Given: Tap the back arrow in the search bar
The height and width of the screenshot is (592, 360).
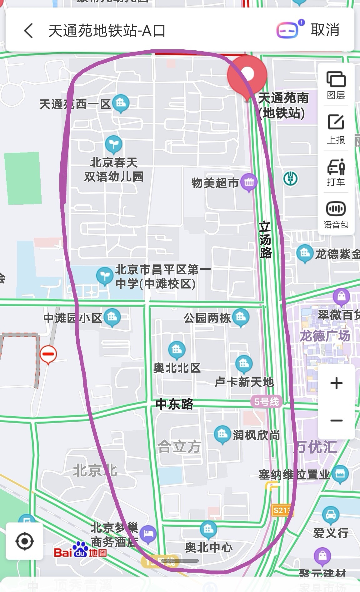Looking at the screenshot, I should [28, 31].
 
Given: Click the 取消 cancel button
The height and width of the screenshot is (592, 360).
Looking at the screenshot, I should [325, 30].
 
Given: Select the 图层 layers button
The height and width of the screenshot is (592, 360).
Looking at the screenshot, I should [336, 85].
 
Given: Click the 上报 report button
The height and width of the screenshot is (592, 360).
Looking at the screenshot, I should [336, 128].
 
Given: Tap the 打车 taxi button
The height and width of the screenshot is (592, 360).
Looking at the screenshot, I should [336, 172].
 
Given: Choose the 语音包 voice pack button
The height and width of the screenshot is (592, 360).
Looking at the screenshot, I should [336, 214].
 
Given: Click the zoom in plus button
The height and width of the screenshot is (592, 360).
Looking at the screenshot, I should [336, 383].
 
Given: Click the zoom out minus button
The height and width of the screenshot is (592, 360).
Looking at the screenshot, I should [336, 420].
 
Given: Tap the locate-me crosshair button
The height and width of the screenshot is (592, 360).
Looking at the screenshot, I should [24, 541].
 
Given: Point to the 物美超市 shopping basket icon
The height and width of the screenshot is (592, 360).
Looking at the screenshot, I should [249, 182].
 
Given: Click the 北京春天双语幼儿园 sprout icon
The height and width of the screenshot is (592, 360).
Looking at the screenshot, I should [113, 144].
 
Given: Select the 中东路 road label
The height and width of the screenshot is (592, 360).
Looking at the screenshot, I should [175, 404].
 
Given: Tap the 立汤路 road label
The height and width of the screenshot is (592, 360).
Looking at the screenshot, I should [265, 240].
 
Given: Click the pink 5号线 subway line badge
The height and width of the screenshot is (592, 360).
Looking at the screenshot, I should [266, 402].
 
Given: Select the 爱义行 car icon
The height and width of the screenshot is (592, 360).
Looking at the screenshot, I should [330, 515].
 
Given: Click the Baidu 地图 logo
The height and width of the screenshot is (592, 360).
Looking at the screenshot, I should [81, 552].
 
